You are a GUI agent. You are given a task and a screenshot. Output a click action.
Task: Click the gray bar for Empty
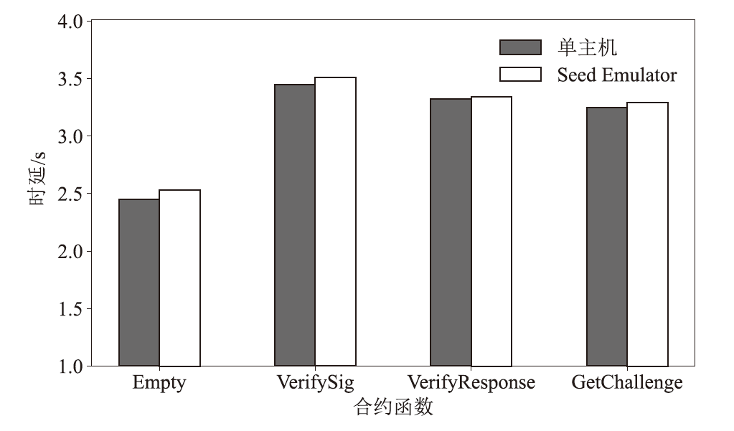139,283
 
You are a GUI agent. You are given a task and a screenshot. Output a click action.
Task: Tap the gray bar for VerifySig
294,225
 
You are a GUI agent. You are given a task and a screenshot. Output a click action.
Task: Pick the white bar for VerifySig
335,222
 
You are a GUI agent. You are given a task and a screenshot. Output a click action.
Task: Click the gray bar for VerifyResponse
451,232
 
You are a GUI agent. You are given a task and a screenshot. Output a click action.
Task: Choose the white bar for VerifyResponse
491,231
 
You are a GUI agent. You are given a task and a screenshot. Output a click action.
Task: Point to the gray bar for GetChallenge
607,237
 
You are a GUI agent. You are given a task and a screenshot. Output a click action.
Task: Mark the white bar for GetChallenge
648,234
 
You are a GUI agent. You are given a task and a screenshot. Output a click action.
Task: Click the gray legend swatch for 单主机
520,48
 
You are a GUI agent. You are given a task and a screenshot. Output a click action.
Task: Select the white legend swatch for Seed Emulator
520,75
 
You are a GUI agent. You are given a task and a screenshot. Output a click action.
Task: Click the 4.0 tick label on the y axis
70,20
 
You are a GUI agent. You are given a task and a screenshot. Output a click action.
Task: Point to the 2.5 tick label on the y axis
70,194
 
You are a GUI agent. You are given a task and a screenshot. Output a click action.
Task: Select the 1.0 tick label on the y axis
70,366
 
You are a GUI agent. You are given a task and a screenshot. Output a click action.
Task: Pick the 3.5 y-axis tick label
70,78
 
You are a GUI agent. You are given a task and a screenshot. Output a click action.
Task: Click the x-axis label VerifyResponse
471,383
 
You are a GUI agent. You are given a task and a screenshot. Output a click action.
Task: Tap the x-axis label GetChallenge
626,383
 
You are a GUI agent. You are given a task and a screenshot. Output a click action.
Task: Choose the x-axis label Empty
159,383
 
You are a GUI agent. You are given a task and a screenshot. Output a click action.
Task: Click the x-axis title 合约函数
394,409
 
